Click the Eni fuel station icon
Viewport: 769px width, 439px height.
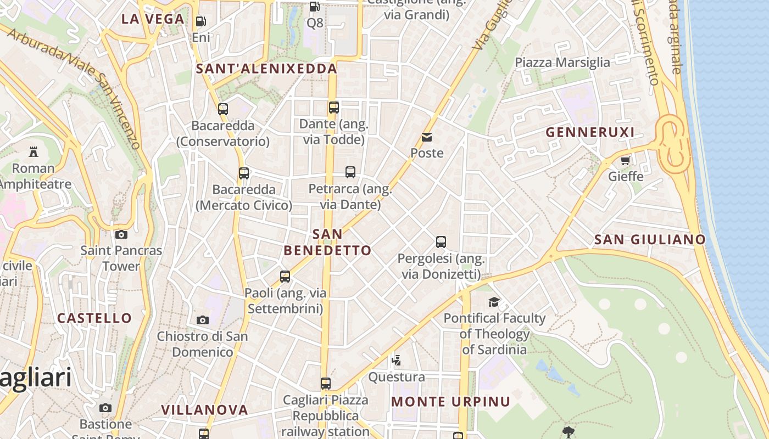[201, 21]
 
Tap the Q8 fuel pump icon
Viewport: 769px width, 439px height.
[315, 7]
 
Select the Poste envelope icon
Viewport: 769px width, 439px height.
[427, 137]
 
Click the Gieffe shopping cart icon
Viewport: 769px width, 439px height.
[625, 161]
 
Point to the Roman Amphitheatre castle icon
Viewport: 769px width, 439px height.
[34, 151]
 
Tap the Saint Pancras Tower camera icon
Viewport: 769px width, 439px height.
[121, 235]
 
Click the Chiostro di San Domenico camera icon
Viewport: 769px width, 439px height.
[203, 320]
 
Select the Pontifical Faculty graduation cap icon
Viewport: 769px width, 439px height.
[494, 302]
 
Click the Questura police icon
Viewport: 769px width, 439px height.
[396, 361]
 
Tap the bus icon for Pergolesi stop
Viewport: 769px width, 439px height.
[441, 241]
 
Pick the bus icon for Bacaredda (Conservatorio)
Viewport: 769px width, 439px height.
[223, 109]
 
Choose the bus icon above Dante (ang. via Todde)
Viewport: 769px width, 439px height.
[334, 108]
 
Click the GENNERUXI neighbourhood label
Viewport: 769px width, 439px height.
[590, 132]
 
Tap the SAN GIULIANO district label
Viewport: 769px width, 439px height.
[650, 239]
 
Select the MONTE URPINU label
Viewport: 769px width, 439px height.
[450, 402]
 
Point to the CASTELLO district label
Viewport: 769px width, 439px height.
[94, 318]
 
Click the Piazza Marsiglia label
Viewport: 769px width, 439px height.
[562, 62]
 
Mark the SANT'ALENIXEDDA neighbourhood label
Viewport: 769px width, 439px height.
[266, 69]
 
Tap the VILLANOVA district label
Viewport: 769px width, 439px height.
[204, 410]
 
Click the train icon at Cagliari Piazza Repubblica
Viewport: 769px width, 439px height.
[326, 383]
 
